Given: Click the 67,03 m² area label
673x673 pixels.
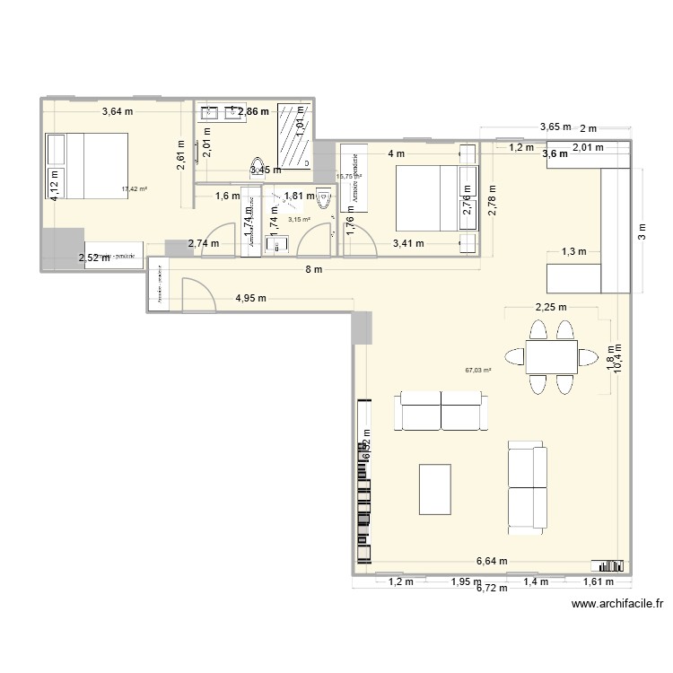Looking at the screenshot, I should coord(476,369).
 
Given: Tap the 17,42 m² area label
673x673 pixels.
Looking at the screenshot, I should coord(134,189).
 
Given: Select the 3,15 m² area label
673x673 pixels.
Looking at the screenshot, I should coord(298,219).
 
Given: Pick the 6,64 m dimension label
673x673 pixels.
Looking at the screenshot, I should coord(491,561).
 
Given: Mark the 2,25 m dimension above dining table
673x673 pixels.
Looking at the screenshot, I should coord(550,307).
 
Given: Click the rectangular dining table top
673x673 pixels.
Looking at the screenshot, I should coord(551,357).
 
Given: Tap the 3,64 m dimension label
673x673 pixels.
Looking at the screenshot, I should coord(117,112).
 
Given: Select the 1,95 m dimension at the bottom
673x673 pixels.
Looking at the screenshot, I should coord(465,581).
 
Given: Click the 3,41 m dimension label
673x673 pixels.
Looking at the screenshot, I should coord(408,242).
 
